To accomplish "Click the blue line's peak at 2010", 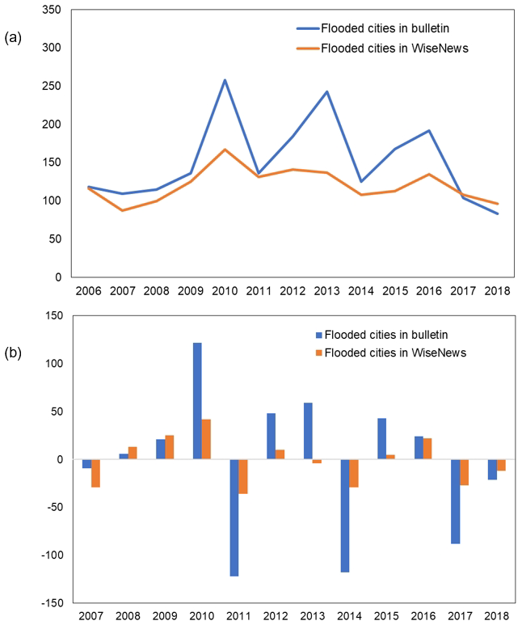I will click(x=225, y=79).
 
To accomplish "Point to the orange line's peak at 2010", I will click(x=225, y=150).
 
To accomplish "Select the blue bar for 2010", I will click(x=197, y=401).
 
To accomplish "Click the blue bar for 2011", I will click(x=234, y=517).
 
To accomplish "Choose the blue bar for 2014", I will click(x=345, y=516).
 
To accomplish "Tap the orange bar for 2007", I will click(x=96, y=473).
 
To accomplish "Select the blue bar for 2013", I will click(x=308, y=431).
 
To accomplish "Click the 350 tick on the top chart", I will click(x=52, y=11).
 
